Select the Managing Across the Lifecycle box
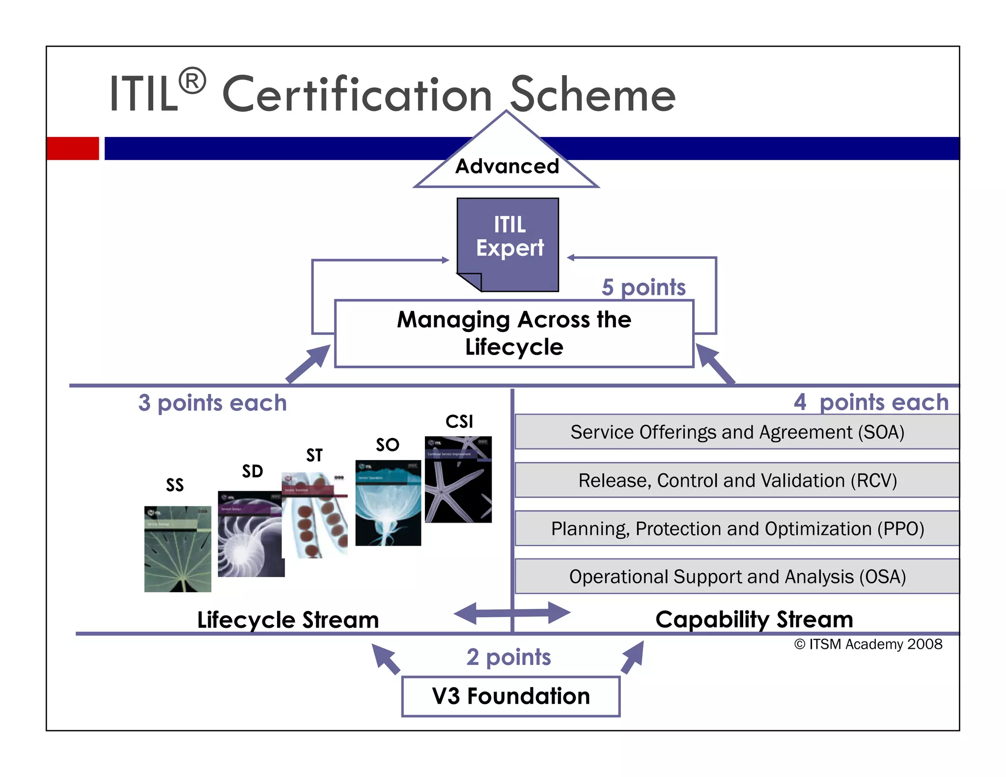(x=514, y=333)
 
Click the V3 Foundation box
(x=510, y=696)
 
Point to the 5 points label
(x=643, y=287)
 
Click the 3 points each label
(x=212, y=403)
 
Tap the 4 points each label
(x=870, y=402)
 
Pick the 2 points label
(x=508, y=657)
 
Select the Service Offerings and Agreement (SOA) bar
(x=737, y=432)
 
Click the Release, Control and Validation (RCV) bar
(x=737, y=480)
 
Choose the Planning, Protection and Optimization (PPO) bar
(x=737, y=528)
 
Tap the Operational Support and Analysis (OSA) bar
(x=737, y=576)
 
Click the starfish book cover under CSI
(x=458, y=479)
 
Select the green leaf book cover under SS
(x=177, y=549)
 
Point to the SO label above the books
(x=387, y=444)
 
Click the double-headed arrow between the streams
(x=512, y=613)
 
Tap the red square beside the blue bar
(x=72, y=148)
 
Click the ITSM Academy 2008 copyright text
(x=868, y=644)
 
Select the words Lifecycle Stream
(x=288, y=620)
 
